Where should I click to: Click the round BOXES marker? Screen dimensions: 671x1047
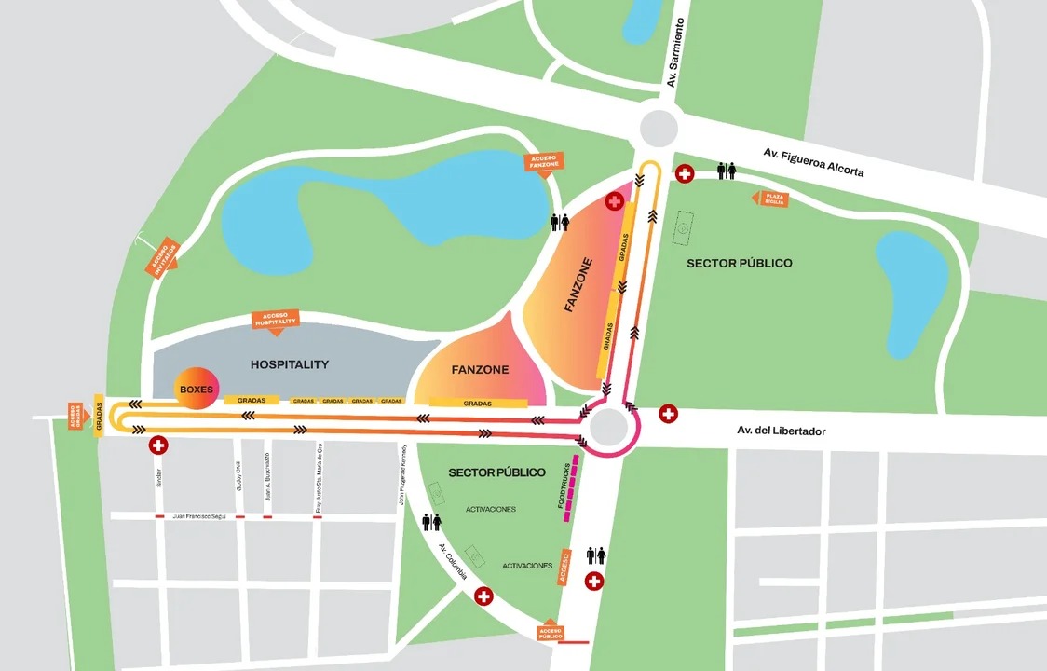tap(197, 389)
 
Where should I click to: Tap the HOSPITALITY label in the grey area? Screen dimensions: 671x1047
tap(290, 364)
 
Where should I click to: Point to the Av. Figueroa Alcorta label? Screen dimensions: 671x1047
tap(813, 161)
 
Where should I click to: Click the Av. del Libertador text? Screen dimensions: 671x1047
tap(781, 431)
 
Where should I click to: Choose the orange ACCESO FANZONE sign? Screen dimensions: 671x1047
tap(544, 163)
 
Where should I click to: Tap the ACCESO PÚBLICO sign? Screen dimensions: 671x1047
tap(551, 632)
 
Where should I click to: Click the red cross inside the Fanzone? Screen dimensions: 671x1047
tap(615, 201)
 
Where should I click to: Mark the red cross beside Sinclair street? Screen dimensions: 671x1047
tap(158, 445)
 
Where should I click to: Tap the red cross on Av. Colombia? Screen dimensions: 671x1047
tap(483, 596)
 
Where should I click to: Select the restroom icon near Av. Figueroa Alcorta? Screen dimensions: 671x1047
tap(727, 171)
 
